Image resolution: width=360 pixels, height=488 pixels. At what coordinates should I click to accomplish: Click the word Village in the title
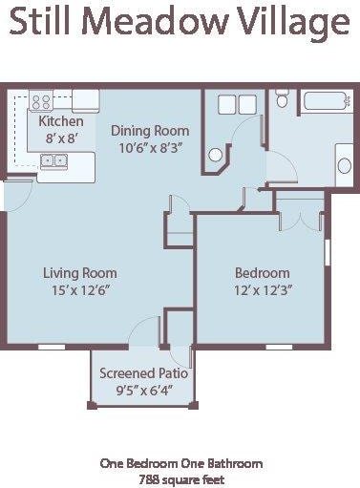296,22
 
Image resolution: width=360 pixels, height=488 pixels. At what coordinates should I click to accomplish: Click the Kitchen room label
60,122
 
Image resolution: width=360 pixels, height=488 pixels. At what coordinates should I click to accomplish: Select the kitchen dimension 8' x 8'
60,138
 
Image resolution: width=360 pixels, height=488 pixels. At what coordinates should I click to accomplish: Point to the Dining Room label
150,131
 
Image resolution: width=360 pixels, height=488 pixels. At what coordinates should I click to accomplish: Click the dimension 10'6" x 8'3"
150,147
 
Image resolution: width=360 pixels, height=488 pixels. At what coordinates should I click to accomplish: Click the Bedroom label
262,273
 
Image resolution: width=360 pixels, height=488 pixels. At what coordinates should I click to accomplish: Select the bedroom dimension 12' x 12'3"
262,290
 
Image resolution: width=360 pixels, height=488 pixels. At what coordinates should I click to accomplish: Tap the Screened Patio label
143,372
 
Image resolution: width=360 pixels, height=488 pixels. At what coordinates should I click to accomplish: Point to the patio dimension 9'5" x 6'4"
143,389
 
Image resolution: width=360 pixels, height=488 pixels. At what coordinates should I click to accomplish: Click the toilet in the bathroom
283,99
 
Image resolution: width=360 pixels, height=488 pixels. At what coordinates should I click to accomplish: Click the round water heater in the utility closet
217,154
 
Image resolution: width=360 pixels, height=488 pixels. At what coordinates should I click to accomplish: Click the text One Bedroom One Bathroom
181,463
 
